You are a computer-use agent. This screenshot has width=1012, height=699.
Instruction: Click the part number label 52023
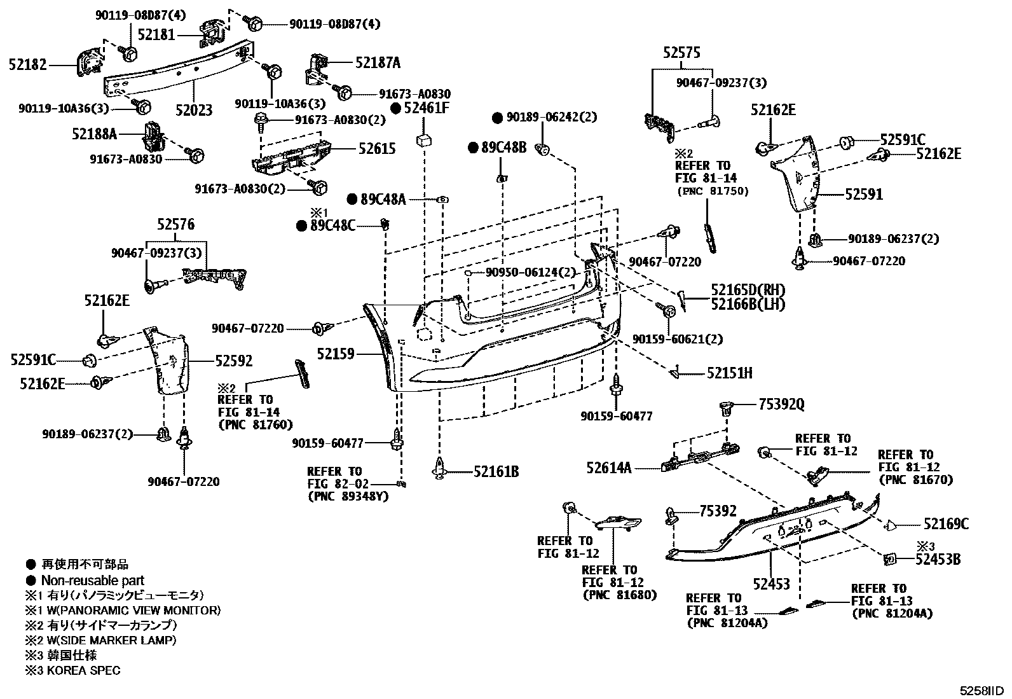194,110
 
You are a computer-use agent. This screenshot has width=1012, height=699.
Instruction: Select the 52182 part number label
27,65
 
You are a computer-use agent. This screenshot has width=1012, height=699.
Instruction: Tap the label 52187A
378,62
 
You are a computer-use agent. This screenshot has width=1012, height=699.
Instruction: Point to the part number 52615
377,148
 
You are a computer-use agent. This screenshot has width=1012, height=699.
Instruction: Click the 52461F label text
427,108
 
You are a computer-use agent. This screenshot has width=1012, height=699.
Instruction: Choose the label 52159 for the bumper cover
336,354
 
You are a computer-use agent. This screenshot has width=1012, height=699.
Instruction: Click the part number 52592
233,361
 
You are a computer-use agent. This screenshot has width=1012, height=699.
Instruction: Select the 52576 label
175,225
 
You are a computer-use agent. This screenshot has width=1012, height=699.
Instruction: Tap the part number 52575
681,53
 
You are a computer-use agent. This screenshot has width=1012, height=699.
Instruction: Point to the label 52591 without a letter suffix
864,195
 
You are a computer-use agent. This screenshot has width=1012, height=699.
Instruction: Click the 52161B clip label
496,472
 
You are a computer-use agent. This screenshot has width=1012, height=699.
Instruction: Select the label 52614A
608,468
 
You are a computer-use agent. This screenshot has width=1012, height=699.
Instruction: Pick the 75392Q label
782,405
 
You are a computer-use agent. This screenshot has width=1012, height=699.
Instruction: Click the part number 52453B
938,560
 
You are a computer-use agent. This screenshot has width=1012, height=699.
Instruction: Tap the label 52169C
946,524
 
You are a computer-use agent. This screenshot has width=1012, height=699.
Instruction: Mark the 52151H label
730,373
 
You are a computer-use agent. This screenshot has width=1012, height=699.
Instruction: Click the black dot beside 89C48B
473,148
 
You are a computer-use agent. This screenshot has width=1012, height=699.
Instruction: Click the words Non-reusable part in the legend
93,581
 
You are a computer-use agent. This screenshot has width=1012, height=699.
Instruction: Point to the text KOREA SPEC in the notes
83,670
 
